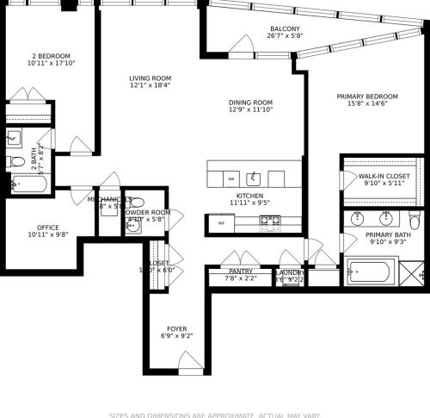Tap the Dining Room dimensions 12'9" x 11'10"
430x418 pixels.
[250, 109]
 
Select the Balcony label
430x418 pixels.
[284, 28]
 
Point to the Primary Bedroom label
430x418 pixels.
[367, 96]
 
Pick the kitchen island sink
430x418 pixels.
[253, 178]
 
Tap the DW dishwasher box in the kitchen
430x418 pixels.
[231, 179]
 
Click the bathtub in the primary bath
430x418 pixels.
[370, 272]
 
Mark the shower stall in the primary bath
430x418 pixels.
[409, 272]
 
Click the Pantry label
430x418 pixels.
[240, 271]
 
